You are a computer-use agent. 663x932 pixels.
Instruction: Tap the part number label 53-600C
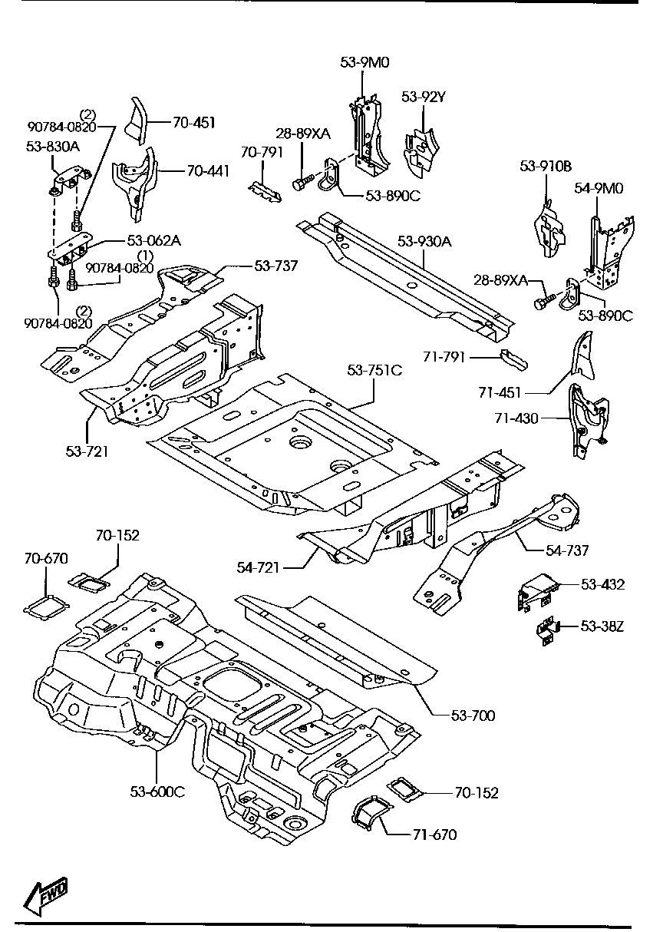(x=157, y=792)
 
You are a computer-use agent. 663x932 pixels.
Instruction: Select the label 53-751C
(x=374, y=370)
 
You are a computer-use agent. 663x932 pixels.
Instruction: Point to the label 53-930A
(x=424, y=242)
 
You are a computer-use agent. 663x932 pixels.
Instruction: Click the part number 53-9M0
(x=365, y=62)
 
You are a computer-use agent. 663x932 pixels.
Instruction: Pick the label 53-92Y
(x=424, y=97)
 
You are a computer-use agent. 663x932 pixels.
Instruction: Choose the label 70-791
(x=262, y=152)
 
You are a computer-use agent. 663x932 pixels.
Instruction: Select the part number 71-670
(x=435, y=834)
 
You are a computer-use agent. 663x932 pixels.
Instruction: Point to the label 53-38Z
(x=602, y=626)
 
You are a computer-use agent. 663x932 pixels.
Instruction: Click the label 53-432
(x=602, y=585)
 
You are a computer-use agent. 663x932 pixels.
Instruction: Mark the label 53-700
(x=473, y=716)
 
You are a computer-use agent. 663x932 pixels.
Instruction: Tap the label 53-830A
(x=51, y=145)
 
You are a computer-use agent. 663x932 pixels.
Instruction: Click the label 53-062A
(x=156, y=240)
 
